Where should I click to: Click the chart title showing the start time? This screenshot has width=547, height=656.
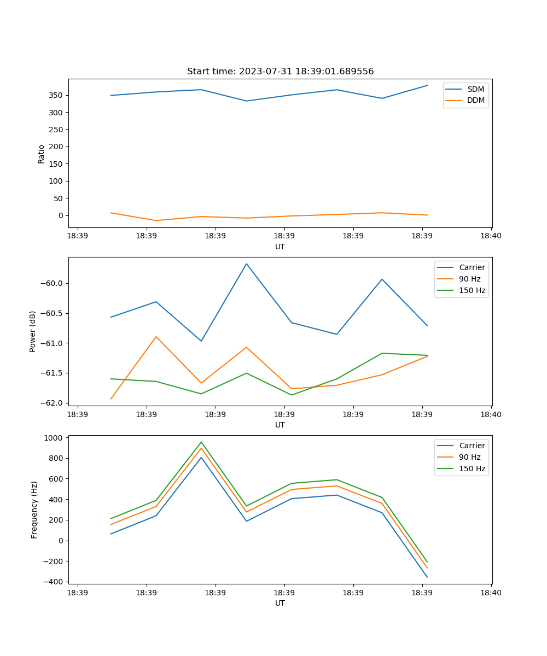280,72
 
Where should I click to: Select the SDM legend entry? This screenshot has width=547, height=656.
475,89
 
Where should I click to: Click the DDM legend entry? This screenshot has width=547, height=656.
475,101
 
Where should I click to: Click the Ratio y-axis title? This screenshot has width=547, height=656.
42,154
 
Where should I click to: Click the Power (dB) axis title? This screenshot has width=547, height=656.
33,331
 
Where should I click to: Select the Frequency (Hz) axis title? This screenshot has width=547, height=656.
34,509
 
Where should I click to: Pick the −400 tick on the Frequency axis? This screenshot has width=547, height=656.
54,582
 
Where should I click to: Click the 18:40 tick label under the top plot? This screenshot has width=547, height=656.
491,237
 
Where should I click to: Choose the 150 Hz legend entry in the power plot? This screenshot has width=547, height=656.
472,291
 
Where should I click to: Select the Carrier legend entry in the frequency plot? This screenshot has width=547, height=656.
472,446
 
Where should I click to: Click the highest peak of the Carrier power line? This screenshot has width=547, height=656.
246,264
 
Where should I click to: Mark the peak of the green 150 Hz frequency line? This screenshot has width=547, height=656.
201,442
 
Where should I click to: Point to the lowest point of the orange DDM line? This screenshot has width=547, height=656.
156,221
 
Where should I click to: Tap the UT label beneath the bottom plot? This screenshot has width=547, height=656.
280,603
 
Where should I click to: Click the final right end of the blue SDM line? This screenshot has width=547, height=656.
427,85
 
